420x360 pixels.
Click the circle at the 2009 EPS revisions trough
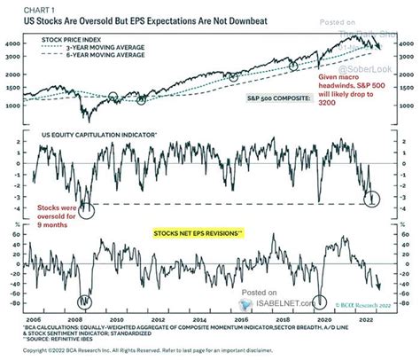click(87, 301)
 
